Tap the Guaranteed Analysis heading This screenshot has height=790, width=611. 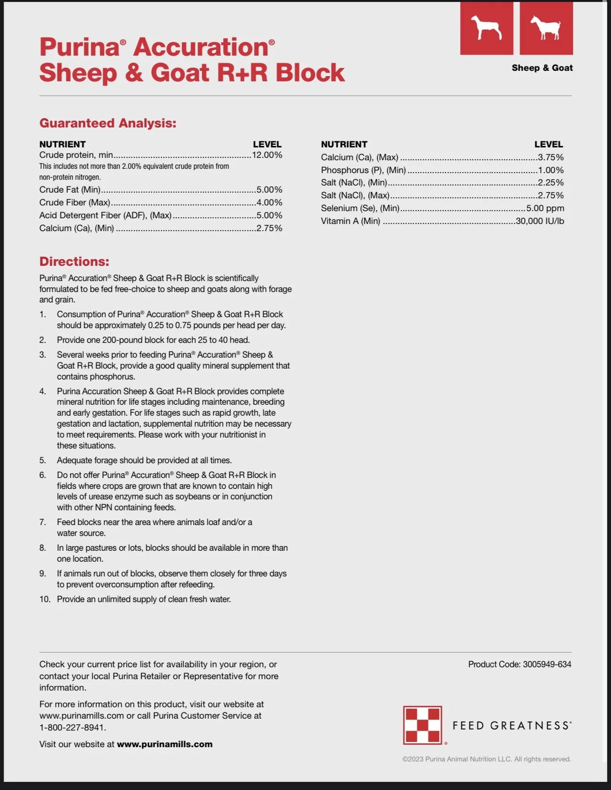point(108,123)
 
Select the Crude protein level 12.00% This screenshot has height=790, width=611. point(267,155)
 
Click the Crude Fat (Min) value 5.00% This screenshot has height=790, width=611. point(269,190)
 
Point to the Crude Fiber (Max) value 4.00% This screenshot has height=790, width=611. point(269,203)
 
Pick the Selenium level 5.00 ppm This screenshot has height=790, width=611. point(545,208)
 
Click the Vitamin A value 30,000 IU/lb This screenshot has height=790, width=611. point(540,221)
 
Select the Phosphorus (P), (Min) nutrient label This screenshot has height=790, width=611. point(363,170)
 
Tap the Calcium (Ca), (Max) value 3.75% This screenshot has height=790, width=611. point(551,157)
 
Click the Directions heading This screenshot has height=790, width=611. point(74,262)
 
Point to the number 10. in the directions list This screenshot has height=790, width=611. point(45,599)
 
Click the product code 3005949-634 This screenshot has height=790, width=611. point(547,664)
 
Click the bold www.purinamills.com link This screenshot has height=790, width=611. point(165,744)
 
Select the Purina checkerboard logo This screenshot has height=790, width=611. point(423,725)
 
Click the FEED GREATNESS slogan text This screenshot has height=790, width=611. point(511,726)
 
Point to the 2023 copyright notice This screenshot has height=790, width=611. point(486,759)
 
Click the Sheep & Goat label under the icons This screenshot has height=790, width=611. point(542,68)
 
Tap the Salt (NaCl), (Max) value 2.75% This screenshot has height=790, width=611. point(551,195)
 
